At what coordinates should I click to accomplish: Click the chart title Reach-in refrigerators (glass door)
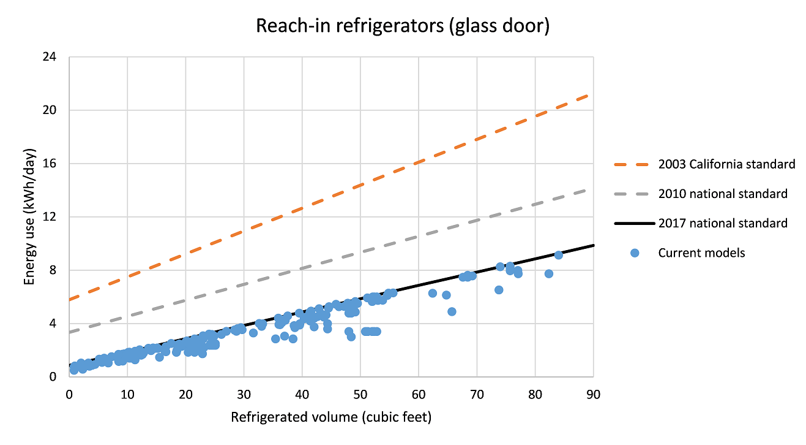click(x=403, y=26)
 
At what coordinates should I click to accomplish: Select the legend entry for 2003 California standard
click(x=726, y=164)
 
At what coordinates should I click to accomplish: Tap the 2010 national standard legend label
click(x=722, y=194)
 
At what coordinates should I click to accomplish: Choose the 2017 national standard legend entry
click(x=722, y=224)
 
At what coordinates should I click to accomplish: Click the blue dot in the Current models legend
click(x=635, y=253)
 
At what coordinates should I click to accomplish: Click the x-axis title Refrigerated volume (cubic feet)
click(x=331, y=418)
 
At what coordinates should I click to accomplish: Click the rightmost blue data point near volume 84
click(x=558, y=255)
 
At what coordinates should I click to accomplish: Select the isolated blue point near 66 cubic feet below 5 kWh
click(x=452, y=311)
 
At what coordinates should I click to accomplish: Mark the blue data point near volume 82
click(x=548, y=273)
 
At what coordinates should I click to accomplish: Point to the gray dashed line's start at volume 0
click(x=71, y=332)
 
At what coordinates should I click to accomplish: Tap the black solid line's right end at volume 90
click(x=592, y=246)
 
